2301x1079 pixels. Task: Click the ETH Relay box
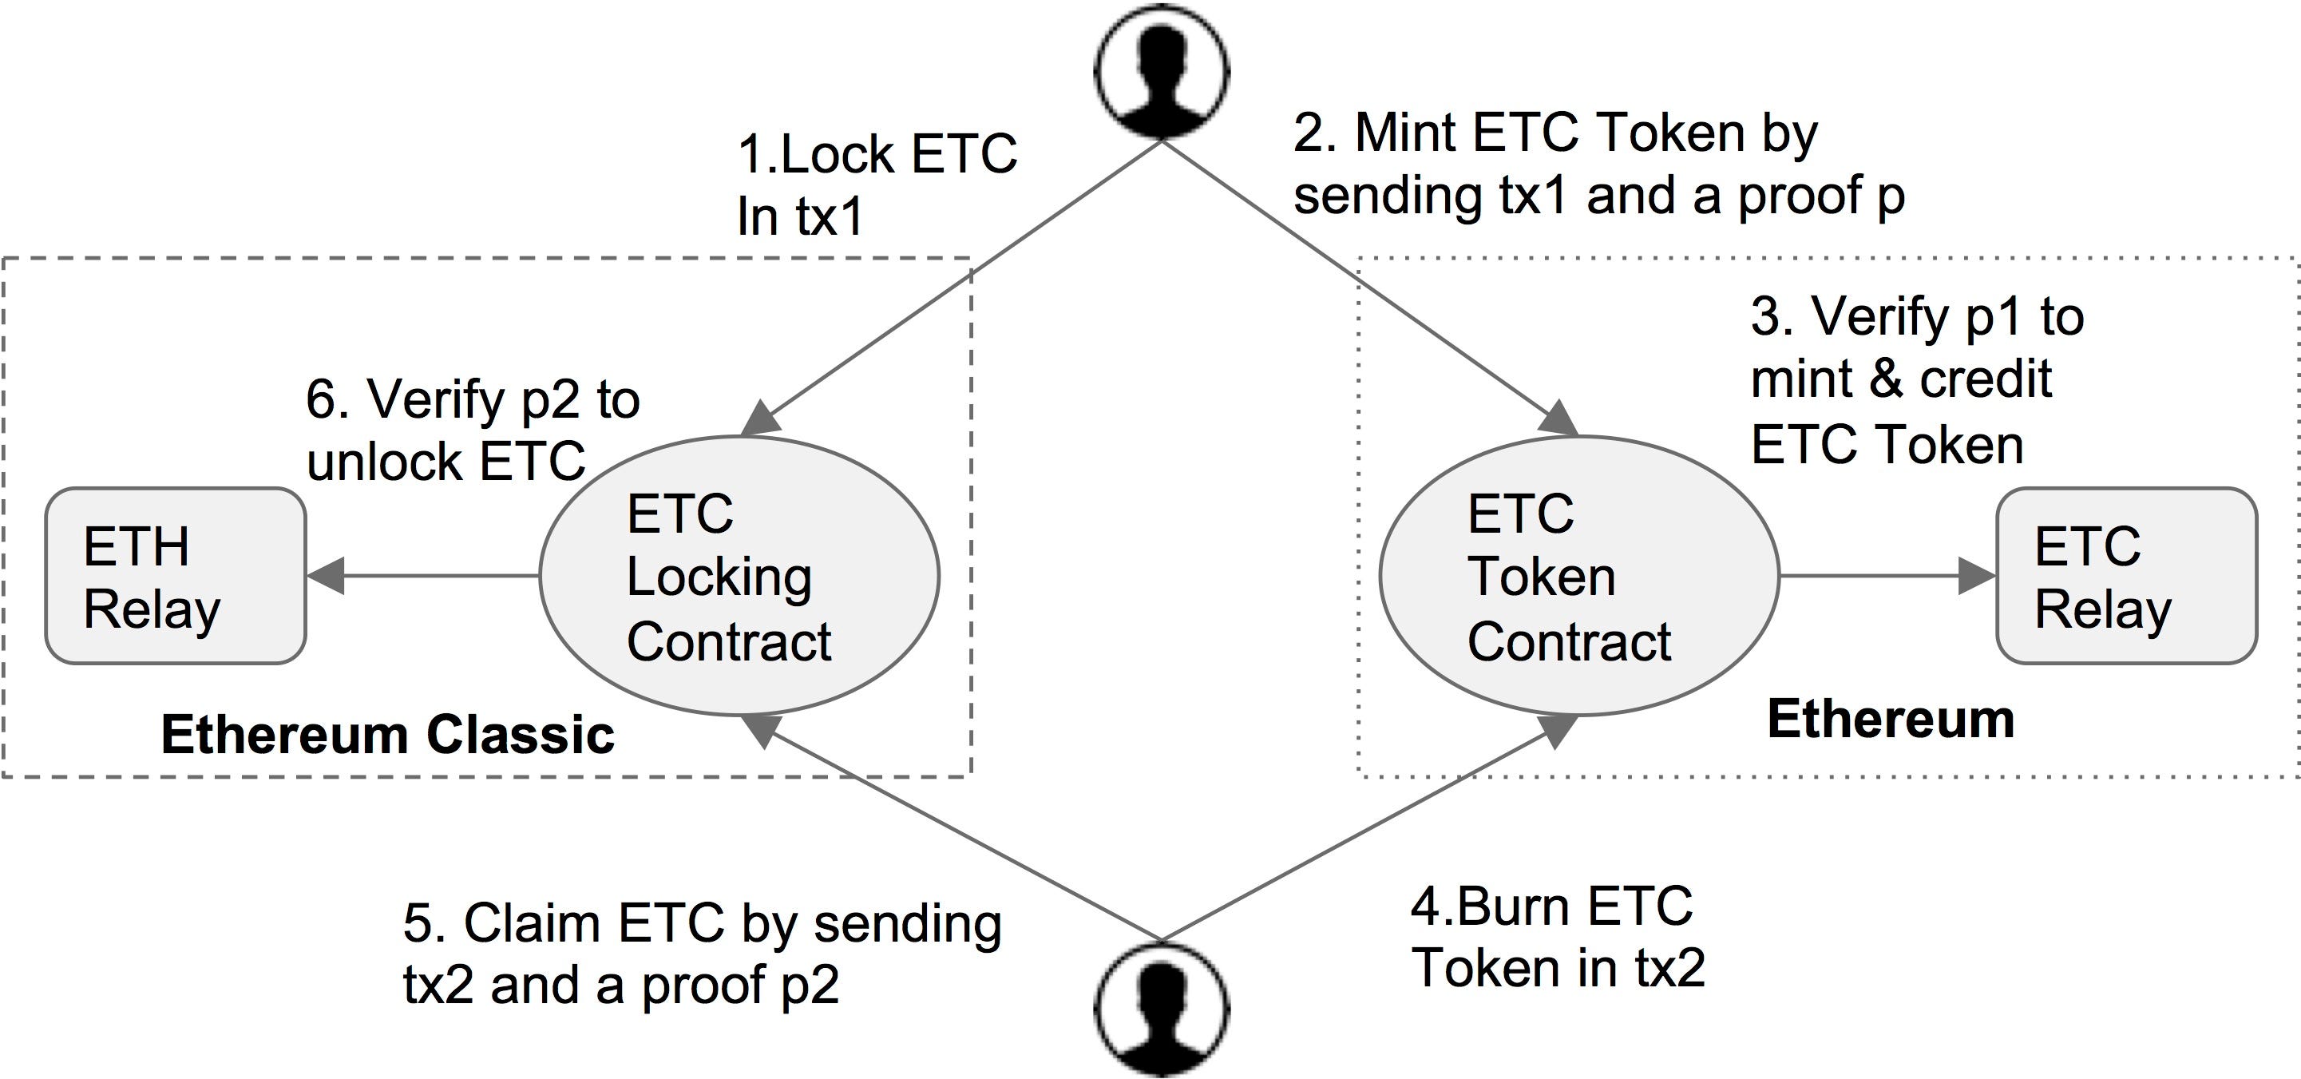tap(175, 576)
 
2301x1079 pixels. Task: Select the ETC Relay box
tap(2126, 576)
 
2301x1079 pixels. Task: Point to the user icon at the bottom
tap(1161, 1010)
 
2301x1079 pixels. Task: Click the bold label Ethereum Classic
tap(388, 734)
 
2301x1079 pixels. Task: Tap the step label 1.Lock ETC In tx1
tap(875, 185)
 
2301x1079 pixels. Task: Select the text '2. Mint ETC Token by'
tap(1554, 134)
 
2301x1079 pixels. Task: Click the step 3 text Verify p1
tap(1916, 317)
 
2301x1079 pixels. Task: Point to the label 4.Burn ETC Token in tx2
tap(1557, 937)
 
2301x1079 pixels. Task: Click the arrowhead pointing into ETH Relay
tap(326, 576)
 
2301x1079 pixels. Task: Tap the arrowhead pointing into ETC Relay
tap(1976, 576)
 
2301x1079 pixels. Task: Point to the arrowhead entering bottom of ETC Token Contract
tap(1557, 730)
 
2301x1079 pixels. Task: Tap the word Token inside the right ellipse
tap(1542, 577)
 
